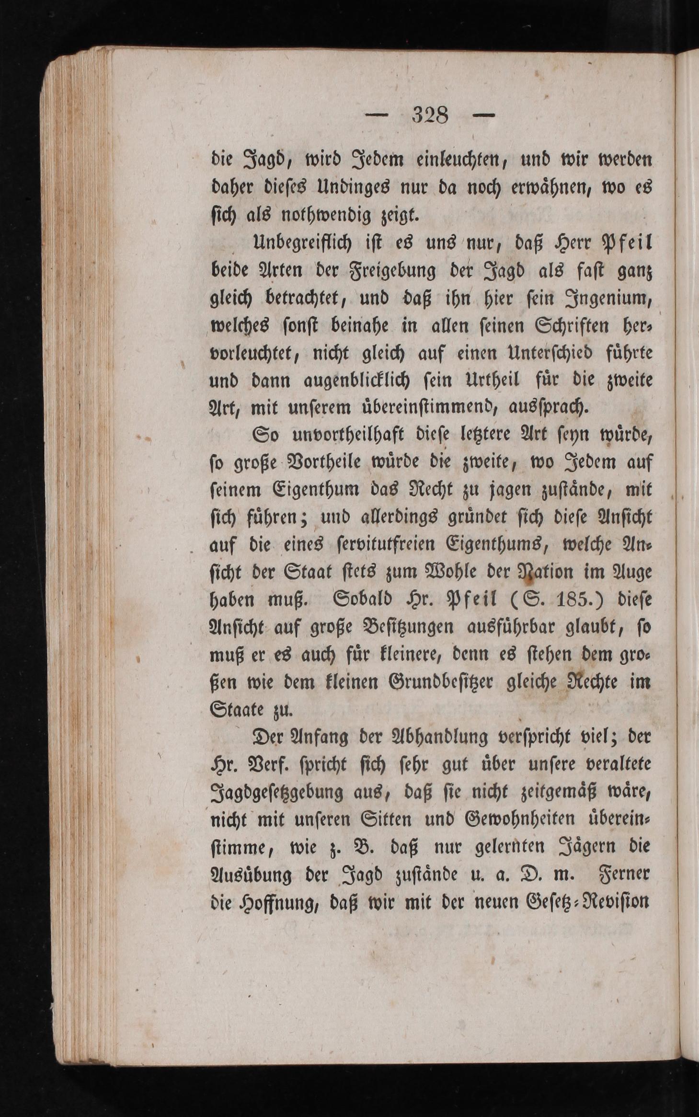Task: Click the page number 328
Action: [430, 115]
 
